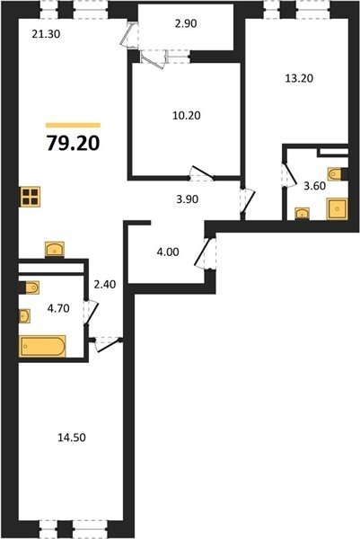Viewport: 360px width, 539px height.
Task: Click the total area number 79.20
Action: pos(74,143)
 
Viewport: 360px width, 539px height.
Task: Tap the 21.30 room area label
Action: pos(46,34)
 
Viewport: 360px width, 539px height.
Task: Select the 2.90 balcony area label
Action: pos(186,23)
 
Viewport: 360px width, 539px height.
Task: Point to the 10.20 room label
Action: pos(187,116)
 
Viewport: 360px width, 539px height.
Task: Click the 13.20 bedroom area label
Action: pos(299,78)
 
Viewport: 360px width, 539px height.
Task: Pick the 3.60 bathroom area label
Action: pos(314,186)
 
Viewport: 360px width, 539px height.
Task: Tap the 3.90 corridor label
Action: pos(188,199)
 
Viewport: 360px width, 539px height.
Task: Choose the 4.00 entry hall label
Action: pos(168,252)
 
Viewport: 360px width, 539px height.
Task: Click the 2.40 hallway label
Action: pos(104,284)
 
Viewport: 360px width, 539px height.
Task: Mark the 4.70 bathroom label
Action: pos(58,308)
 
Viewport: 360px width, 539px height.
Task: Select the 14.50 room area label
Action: pos(72,437)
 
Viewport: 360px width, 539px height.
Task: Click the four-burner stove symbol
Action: pos(31,197)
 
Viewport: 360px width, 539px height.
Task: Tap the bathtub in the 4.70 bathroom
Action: pos(42,346)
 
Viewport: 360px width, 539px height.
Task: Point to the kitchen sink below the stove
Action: pos(55,249)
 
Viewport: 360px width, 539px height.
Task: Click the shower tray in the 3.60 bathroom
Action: pos(338,208)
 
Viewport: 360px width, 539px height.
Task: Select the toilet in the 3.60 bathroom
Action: pos(336,174)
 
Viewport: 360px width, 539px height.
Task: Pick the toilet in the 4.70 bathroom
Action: pos(31,287)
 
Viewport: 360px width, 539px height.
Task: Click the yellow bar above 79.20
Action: pos(74,126)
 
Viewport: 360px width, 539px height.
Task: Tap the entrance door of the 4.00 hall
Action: pos(204,252)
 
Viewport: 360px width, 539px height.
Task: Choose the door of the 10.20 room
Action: pos(202,173)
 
